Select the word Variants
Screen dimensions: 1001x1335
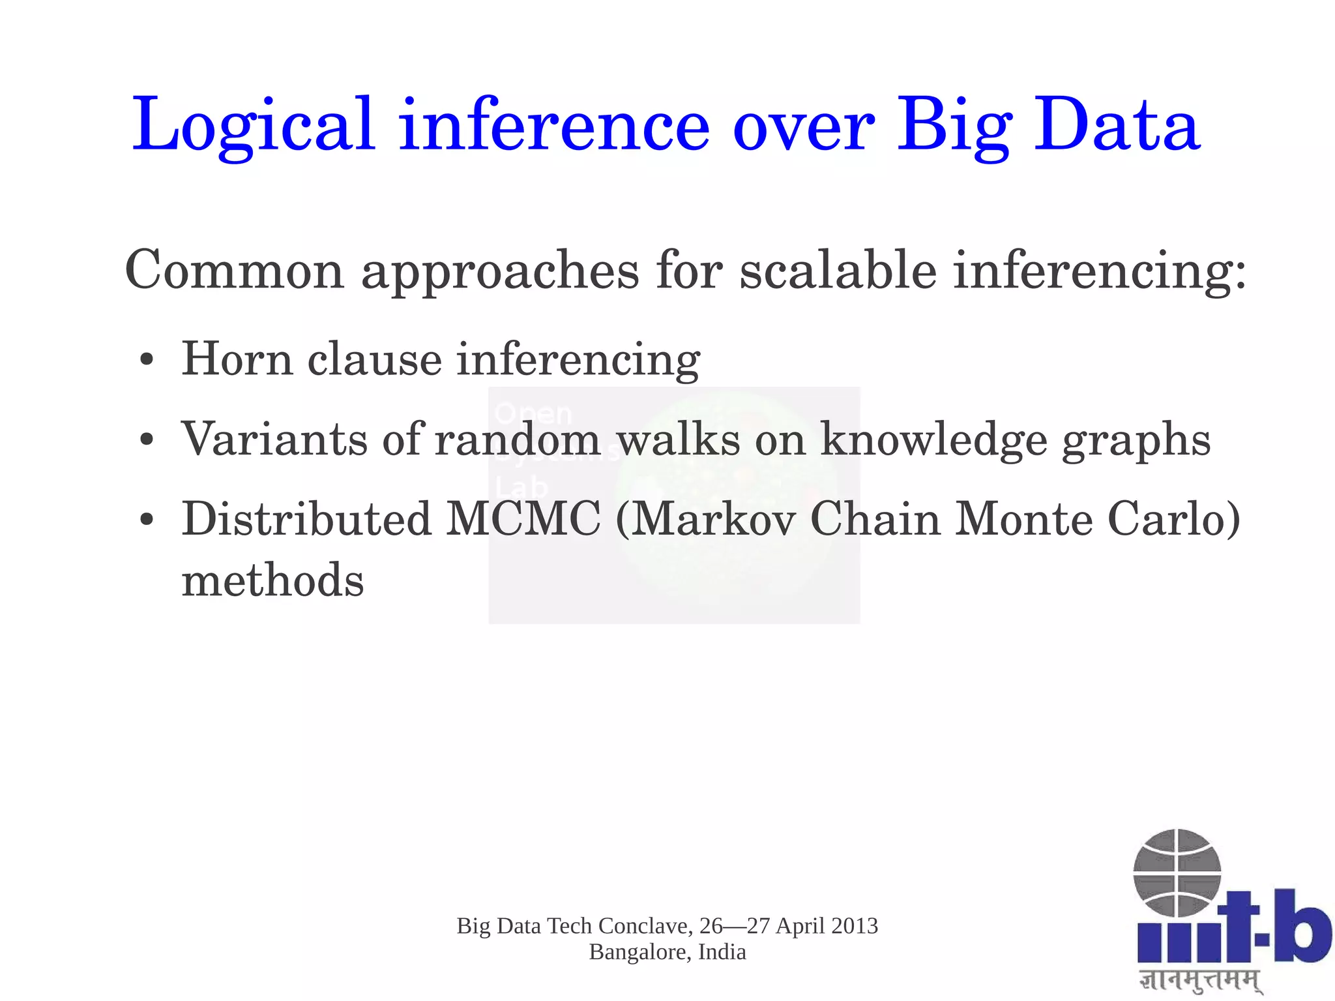[x=274, y=439]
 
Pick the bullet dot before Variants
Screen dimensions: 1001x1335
[x=147, y=440]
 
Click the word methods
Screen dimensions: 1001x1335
[x=272, y=580]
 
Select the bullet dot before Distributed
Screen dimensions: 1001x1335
[x=147, y=520]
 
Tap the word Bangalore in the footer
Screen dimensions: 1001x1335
[x=640, y=952]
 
